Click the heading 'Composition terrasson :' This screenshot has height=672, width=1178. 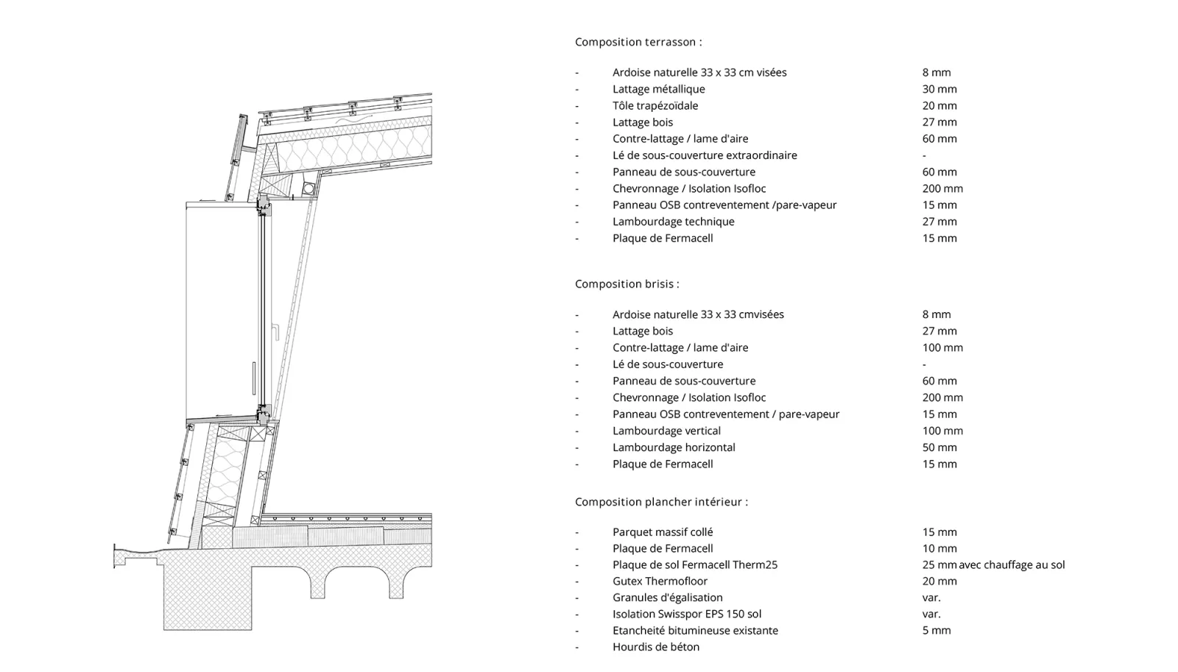coord(638,42)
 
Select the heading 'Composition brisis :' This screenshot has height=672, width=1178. coord(627,283)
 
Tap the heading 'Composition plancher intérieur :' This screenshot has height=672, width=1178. coord(661,502)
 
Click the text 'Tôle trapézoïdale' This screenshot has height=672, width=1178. coord(655,105)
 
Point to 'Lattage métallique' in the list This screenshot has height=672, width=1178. coord(658,89)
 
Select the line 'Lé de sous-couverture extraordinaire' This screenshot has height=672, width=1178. coord(705,155)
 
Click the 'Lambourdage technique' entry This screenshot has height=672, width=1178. coord(673,222)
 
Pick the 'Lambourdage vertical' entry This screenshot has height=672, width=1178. coord(666,431)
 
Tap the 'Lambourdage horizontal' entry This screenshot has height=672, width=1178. coord(674,448)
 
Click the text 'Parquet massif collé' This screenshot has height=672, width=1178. coord(663,532)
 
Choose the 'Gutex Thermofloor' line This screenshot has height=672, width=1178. coord(660,581)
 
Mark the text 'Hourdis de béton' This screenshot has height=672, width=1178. coord(656,647)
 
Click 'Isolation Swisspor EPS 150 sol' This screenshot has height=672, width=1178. coord(687,614)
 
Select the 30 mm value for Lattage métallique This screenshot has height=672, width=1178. coord(939,89)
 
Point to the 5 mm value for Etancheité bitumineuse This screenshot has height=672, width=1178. coord(937,630)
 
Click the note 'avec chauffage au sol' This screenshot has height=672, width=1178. coord(1012,565)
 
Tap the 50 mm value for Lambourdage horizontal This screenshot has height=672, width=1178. coord(939,448)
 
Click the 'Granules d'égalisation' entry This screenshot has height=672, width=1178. coord(667,598)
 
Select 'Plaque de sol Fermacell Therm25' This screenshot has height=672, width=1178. coord(695,565)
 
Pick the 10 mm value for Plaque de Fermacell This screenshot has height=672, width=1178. coord(939,548)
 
